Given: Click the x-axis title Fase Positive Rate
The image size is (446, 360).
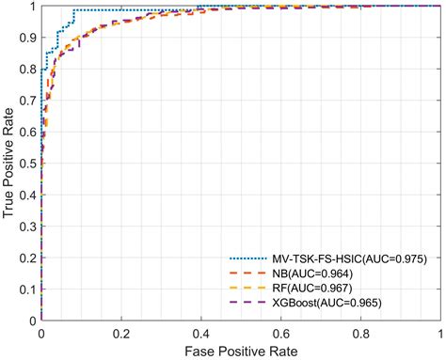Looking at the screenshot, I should coord(241,351).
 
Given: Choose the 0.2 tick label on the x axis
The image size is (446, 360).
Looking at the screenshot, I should coord(120,333).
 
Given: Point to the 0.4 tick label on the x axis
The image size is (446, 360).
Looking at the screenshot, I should coord(200,333).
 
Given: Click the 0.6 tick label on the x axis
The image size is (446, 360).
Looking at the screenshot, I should coord(280,333).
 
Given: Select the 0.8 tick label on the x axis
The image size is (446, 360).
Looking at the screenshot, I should coord(360,333).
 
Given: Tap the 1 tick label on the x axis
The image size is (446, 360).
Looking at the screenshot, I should coord(439,333).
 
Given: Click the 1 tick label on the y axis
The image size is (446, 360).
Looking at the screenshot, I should coord(32,7).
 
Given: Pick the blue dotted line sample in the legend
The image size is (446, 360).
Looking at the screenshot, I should coord(248,258).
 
